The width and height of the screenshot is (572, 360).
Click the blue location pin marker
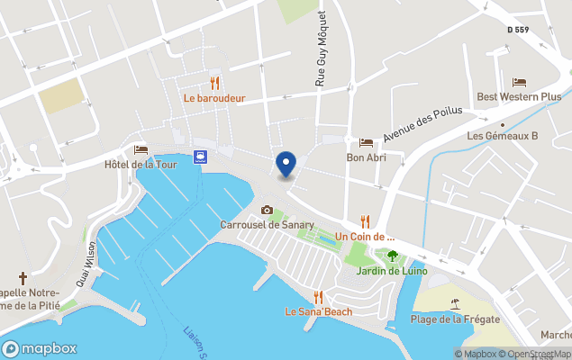(x=286, y=165)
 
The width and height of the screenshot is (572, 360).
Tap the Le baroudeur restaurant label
(x=214, y=98)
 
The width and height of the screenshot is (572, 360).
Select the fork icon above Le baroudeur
(x=214, y=82)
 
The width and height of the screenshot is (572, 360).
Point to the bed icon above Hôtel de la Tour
(x=140, y=148)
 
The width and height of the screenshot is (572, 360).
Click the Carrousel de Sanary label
(x=268, y=224)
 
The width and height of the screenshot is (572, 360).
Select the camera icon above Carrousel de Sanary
(x=267, y=210)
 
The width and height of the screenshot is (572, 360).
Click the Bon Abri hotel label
(x=367, y=157)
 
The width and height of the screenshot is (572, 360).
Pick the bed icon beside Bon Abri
(x=366, y=142)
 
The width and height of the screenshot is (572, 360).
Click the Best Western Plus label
(x=519, y=97)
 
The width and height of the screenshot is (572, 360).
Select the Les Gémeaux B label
(x=502, y=136)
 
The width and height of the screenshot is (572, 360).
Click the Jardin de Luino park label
(x=391, y=271)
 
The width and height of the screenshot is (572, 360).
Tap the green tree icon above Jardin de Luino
(x=391, y=256)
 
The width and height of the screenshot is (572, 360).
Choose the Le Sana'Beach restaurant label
(x=318, y=312)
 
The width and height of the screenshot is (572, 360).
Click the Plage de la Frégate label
(x=455, y=319)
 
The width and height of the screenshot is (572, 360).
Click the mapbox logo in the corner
(x=40, y=348)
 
